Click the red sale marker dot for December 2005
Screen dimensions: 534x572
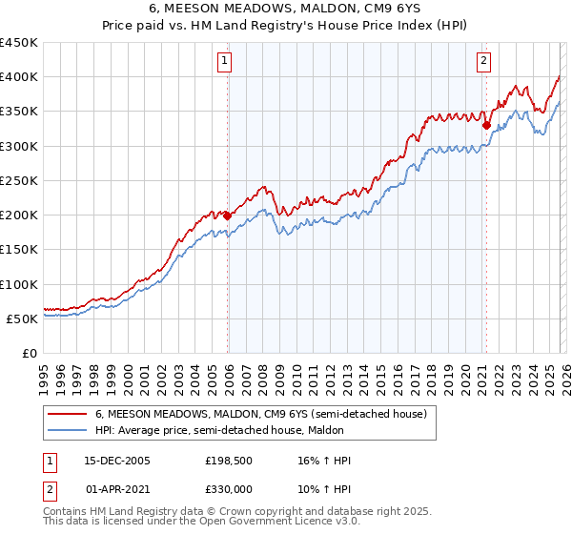click(x=228, y=216)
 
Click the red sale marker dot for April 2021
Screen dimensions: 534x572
click(x=485, y=125)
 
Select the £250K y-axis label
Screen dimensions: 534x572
click(x=19, y=180)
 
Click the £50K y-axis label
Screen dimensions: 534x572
click(x=23, y=318)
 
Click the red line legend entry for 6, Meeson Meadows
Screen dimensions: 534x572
click(x=266, y=414)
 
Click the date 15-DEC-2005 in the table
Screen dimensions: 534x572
click(x=117, y=461)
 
